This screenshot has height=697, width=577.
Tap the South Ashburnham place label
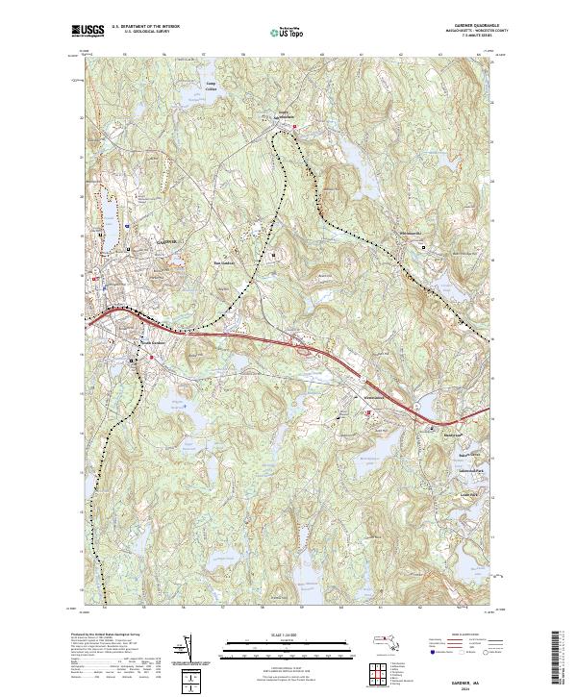(278, 118)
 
